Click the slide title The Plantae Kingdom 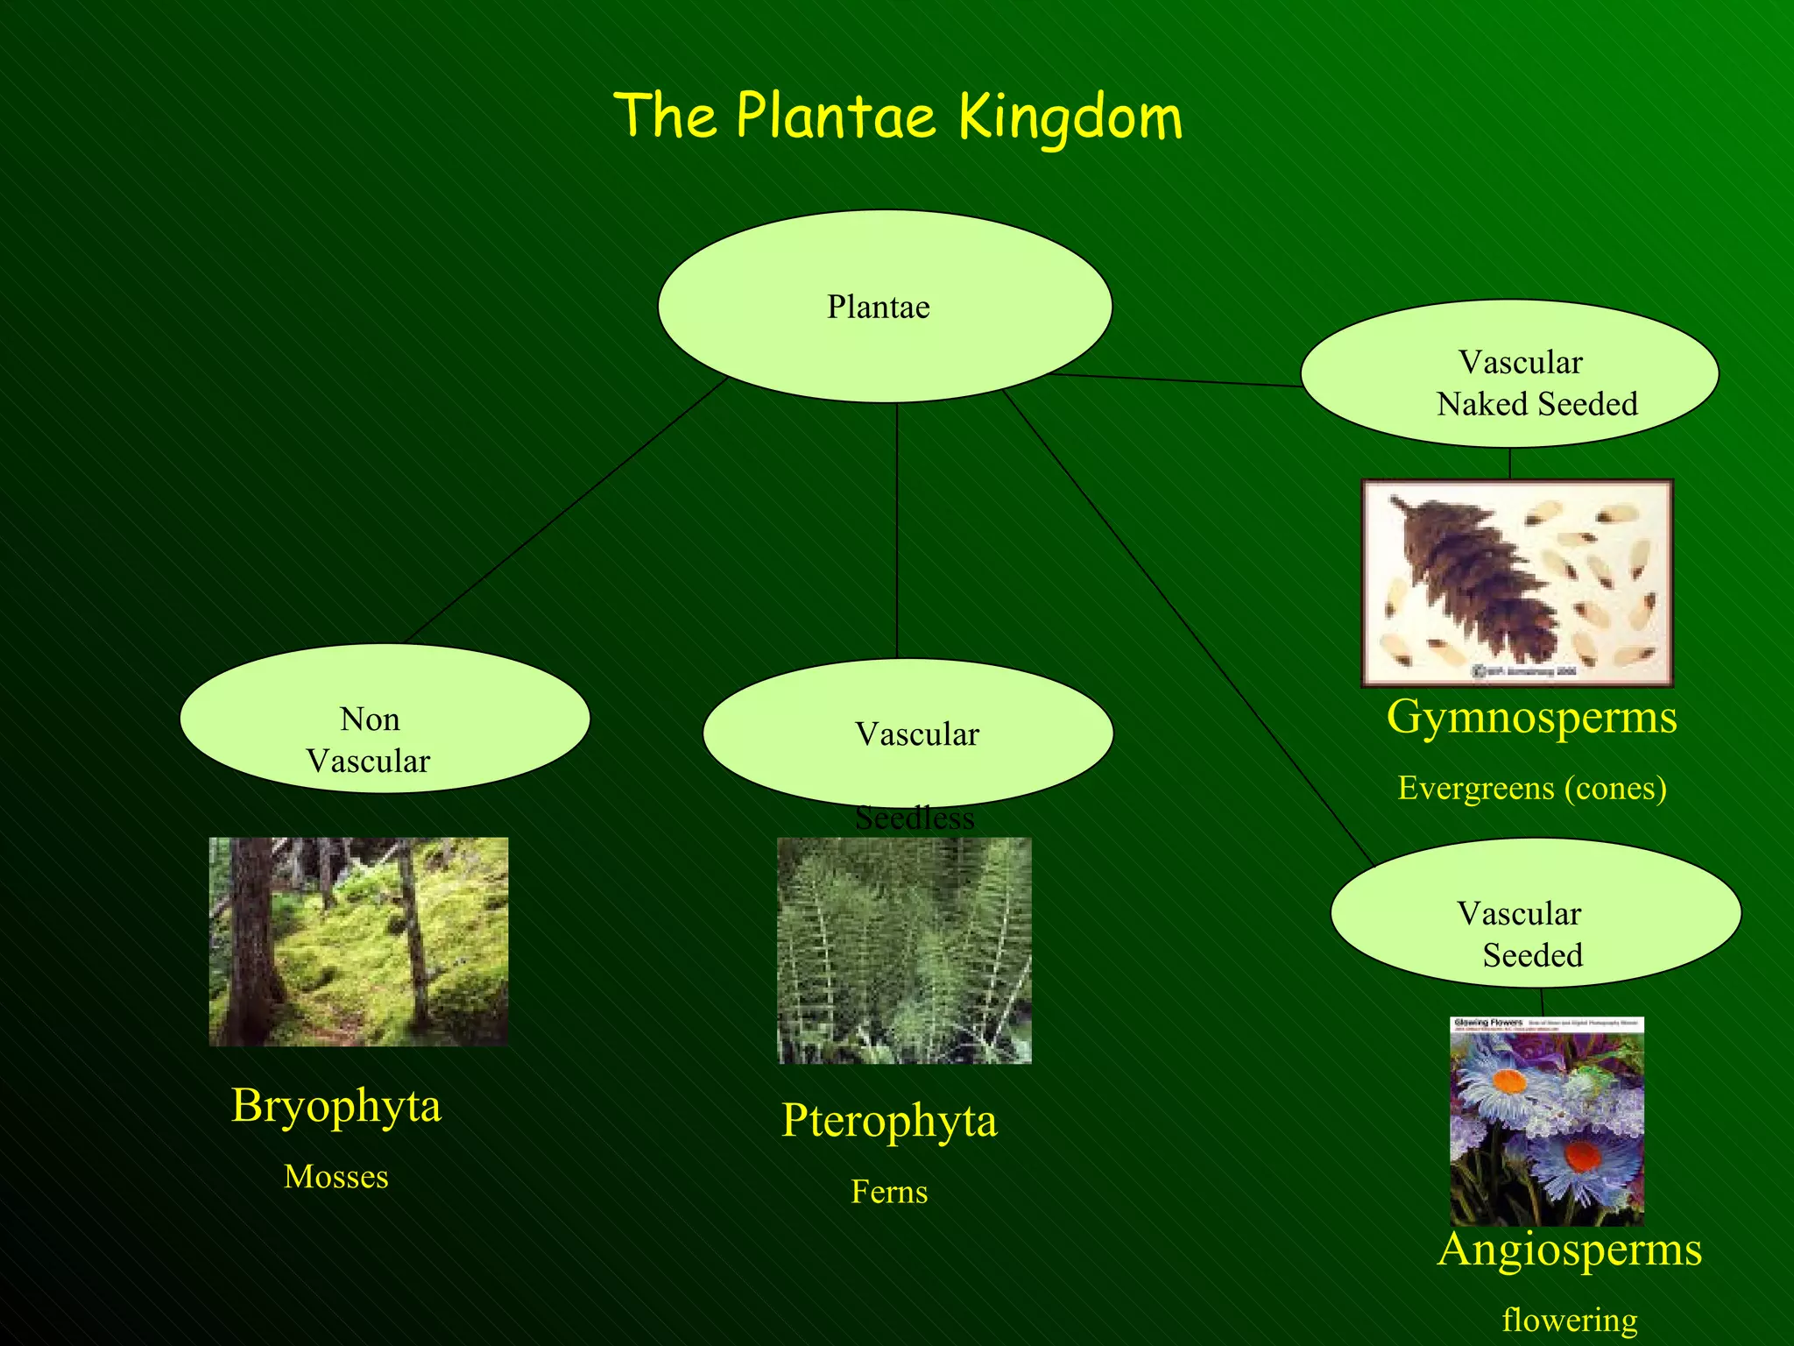click(x=898, y=117)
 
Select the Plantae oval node click(x=885, y=307)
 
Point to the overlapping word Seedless click(x=914, y=818)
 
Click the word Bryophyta click(x=335, y=1106)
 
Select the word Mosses click(x=335, y=1177)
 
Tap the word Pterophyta click(x=888, y=1121)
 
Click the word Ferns click(x=888, y=1192)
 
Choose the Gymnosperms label click(x=1531, y=717)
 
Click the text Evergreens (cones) click(x=1531, y=788)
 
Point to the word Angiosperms click(x=1569, y=1249)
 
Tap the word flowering click(x=1569, y=1320)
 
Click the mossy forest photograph click(x=357, y=942)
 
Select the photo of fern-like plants click(x=904, y=951)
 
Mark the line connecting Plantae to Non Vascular click(x=565, y=510)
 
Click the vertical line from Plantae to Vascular click(x=896, y=530)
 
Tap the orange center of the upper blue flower click(x=1508, y=1081)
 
